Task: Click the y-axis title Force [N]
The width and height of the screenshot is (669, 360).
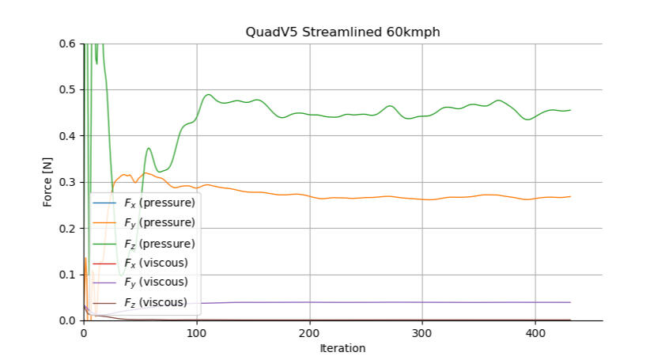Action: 47,182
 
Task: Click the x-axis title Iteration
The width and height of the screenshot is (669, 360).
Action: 342,348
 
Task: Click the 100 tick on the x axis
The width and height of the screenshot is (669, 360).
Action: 196,333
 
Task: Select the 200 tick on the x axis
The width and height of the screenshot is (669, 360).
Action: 309,333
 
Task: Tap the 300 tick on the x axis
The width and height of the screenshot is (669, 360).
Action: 422,333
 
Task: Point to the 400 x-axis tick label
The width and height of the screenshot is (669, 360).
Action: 535,333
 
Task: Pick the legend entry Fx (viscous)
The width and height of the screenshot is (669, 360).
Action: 155,262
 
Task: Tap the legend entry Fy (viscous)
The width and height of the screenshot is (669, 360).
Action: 155,282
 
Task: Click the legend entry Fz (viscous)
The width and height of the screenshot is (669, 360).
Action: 155,301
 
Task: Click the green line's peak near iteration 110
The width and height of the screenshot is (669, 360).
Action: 209,95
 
